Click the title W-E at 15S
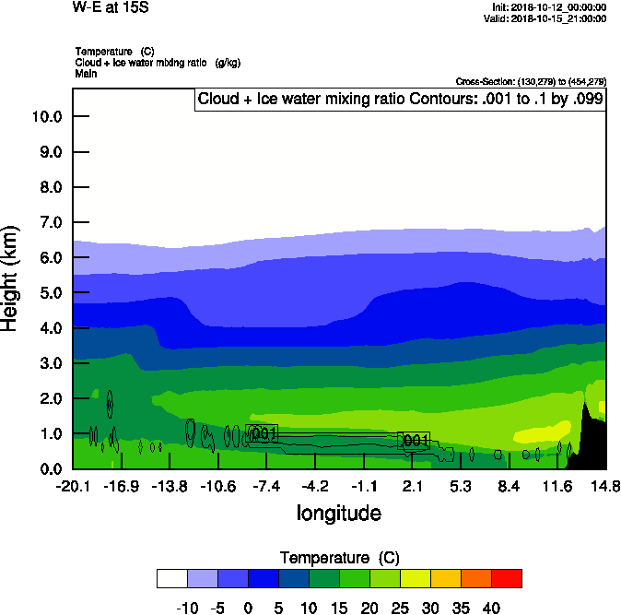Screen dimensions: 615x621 pos(110,7)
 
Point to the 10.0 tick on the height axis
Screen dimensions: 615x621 pos(46,116)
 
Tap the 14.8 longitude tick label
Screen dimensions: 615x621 pos(605,486)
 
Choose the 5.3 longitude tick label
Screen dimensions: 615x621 pos(461,486)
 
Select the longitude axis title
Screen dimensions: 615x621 pos(338,513)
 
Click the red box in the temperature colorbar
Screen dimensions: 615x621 pos(506,578)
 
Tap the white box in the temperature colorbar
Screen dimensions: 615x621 pos(172,578)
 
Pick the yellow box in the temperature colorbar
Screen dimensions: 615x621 pos(415,578)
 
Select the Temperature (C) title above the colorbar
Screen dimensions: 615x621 pos(338,558)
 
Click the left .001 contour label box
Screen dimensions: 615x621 pos(263,433)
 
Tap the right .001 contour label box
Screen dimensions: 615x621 pos(414,441)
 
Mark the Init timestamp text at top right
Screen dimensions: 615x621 pos(550,7)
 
